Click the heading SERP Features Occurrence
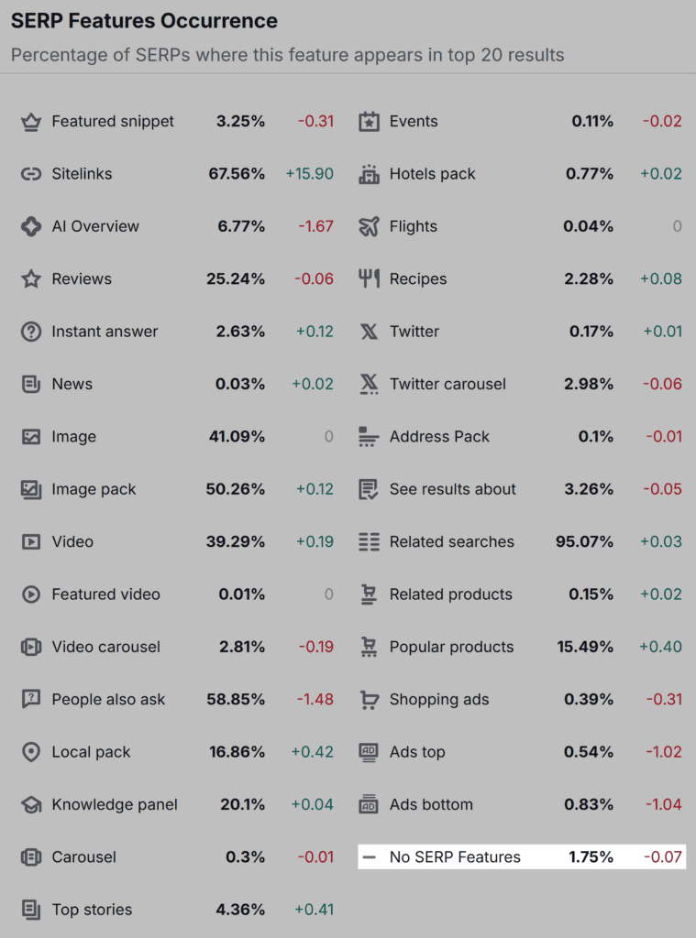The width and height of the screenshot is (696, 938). tap(144, 20)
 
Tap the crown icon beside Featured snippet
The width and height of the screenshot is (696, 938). tap(31, 122)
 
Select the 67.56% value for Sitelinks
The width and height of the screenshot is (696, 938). tap(235, 174)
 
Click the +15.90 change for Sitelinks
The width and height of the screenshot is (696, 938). tap(309, 174)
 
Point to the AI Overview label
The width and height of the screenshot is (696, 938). tap(95, 226)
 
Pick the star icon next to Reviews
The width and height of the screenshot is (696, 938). tap(31, 279)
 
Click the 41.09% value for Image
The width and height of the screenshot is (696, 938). tap(237, 437)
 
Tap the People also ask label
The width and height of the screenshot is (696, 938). tap(108, 700)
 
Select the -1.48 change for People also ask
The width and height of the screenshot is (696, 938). tap(315, 700)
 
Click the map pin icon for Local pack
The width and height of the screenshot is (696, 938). tap(31, 752)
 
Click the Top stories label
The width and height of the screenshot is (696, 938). tap(92, 910)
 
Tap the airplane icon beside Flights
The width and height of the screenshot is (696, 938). tap(369, 226)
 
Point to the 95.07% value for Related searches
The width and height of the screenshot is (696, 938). tap(584, 542)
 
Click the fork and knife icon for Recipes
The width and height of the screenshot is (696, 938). tap(369, 279)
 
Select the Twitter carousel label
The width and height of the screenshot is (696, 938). tap(447, 385)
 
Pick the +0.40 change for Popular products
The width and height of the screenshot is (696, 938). tap(660, 647)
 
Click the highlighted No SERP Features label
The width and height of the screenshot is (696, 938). tap(455, 857)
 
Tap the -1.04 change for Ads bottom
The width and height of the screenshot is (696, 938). tap(663, 805)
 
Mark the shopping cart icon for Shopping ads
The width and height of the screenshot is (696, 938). tap(369, 700)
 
